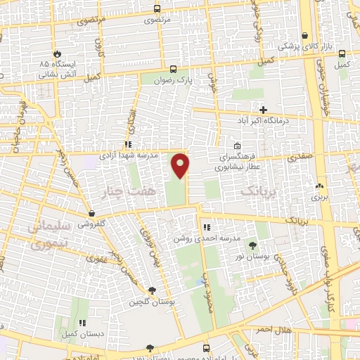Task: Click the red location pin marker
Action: (181, 165)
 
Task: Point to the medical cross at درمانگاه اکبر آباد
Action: (263, 110)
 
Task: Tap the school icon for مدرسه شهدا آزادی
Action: (128, 144)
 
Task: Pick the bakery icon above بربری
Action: (321, 186)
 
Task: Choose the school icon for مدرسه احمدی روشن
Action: (206, 228)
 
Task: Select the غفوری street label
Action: (96, 258)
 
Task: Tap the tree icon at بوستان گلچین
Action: (153, 290)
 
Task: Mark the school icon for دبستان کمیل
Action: (82, 323)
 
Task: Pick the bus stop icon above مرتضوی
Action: (157, 9)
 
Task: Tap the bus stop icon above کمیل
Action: (342, 53)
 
